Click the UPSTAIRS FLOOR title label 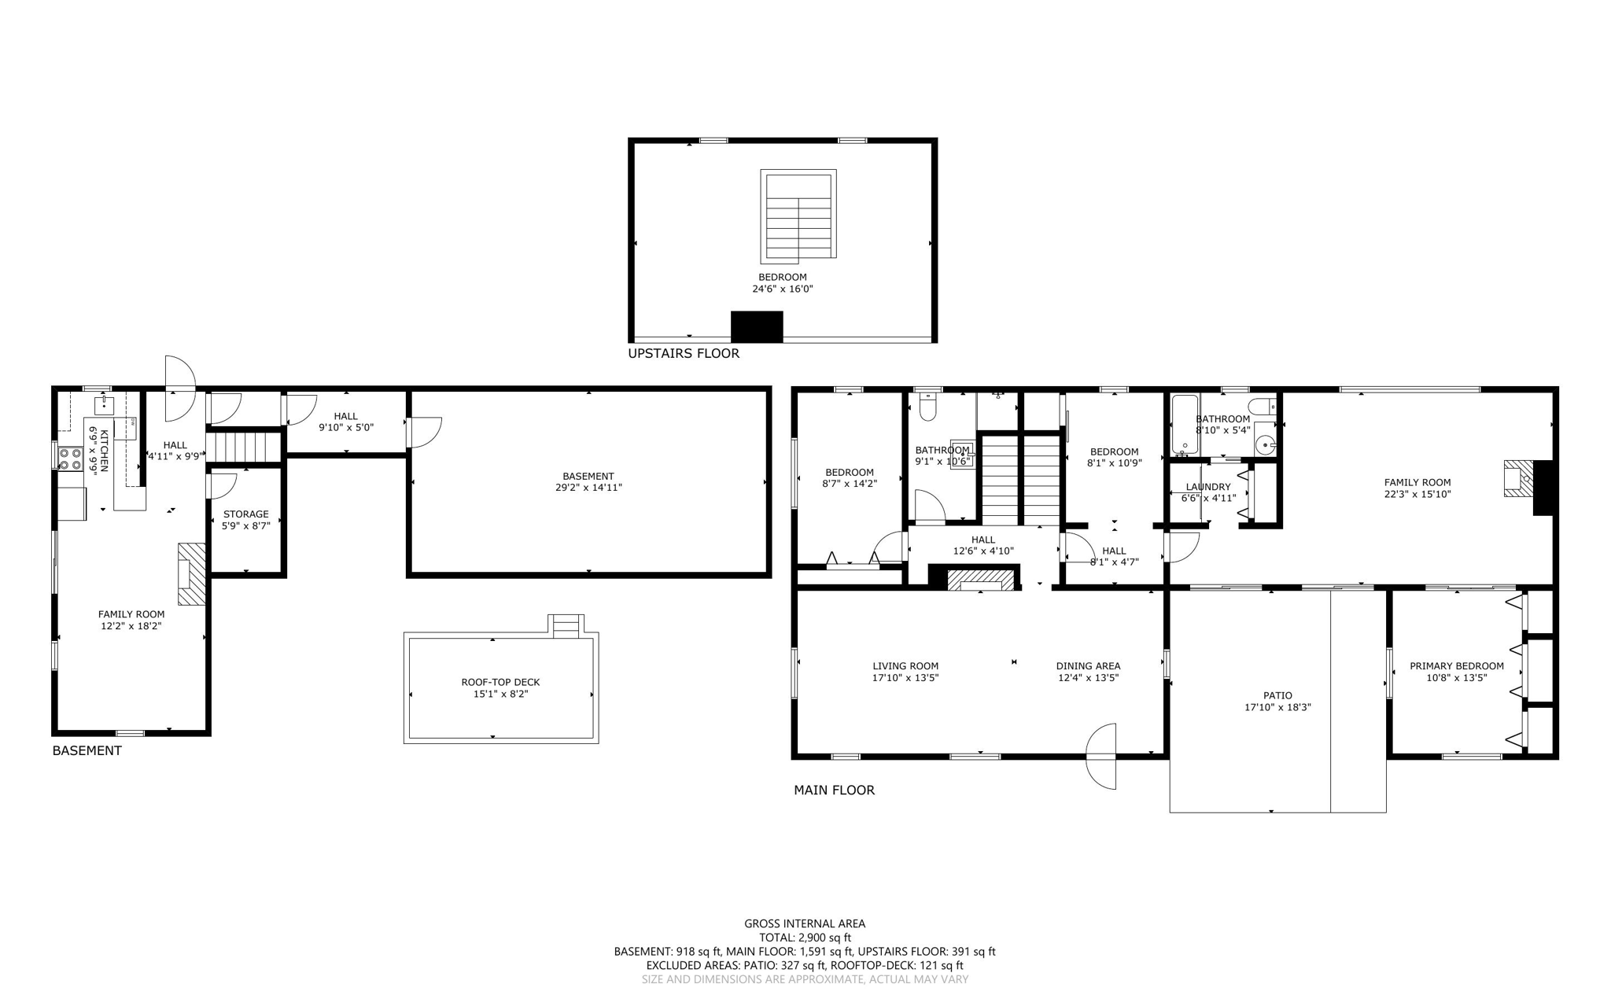683,353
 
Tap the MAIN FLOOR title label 834,790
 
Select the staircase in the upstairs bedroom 798,216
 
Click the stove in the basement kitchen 70,458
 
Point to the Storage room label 245,514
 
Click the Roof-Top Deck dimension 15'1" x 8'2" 500,694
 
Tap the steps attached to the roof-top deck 566,627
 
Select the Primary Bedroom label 1456,665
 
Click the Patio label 1277,695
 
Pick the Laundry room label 1207,487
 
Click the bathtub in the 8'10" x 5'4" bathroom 1185,425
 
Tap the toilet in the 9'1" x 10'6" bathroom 928,407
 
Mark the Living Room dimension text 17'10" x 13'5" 905,677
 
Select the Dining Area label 1088,665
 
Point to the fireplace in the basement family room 191,573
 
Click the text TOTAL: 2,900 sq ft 805,938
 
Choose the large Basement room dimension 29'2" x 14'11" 588,488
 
